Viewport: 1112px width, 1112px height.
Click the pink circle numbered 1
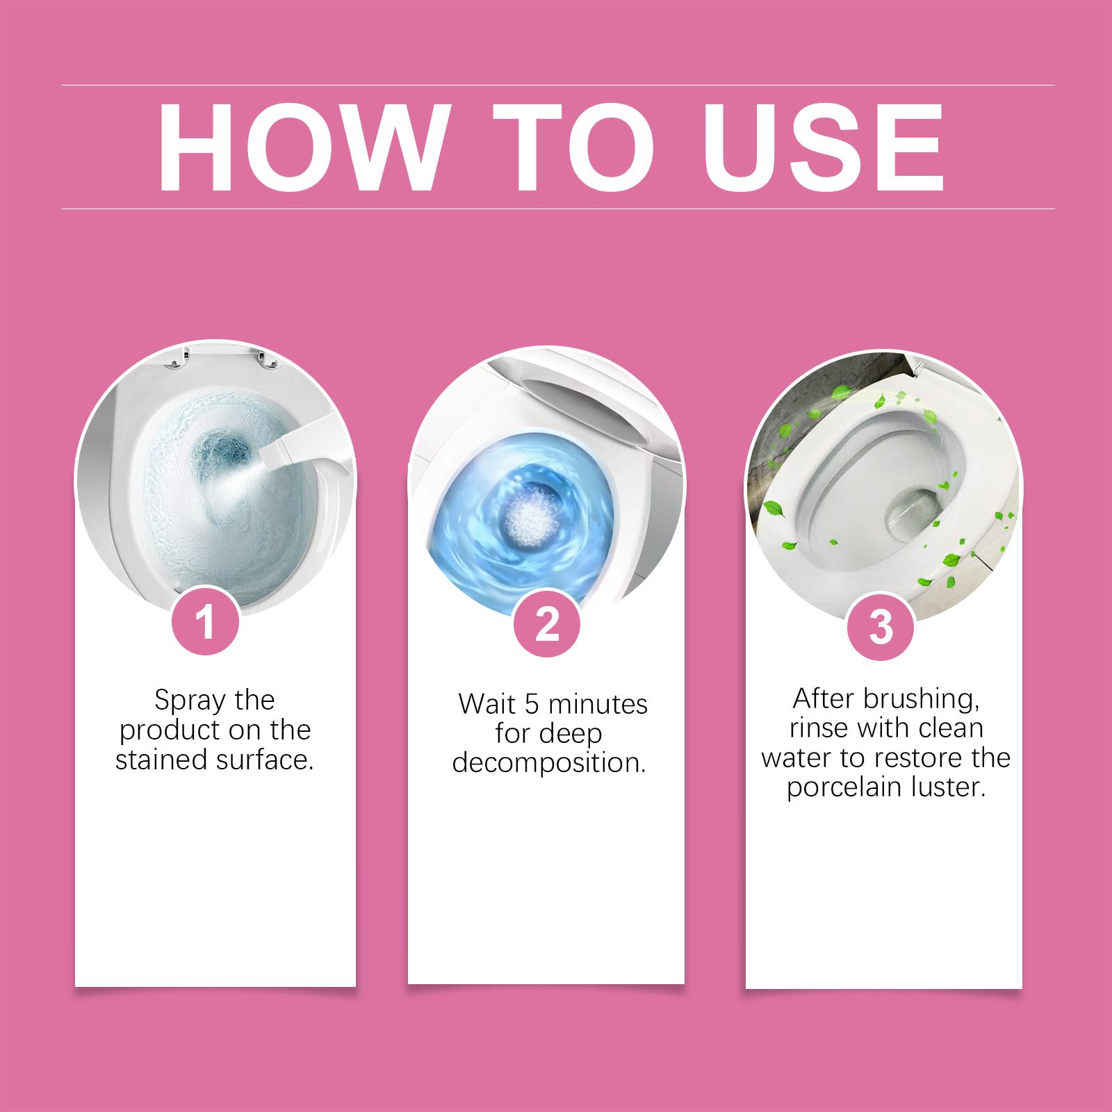(205, 623)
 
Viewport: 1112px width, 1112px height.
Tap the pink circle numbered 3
(881, 628)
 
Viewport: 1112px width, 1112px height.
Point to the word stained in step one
(157, 760)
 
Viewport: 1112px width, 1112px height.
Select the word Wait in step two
(486, 705)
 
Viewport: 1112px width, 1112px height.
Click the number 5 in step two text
(532, 705)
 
